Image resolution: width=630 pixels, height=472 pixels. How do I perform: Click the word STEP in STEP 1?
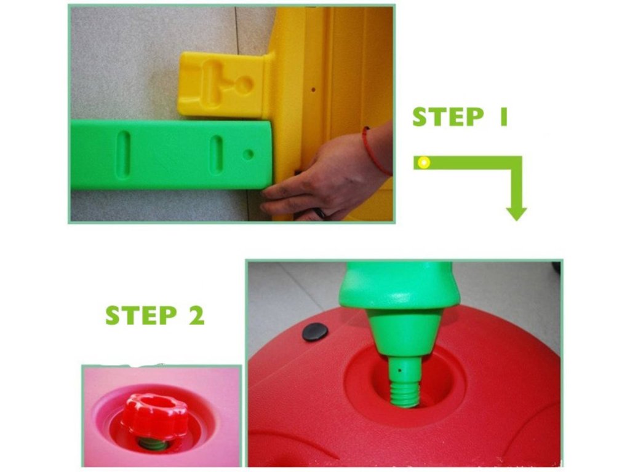448,117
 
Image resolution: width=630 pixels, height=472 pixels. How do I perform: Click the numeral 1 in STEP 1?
503,117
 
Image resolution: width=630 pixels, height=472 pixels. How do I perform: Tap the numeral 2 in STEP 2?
196,315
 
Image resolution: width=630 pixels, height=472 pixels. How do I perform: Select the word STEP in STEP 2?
141,315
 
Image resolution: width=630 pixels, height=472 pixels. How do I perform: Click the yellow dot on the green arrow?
423,162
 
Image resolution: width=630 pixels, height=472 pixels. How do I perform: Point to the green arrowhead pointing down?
516,213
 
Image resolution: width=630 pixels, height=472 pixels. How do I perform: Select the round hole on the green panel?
249,154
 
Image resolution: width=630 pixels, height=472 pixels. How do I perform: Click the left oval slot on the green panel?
123,154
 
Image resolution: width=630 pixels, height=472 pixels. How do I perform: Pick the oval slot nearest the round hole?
216,154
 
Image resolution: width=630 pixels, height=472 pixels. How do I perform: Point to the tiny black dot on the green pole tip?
399,371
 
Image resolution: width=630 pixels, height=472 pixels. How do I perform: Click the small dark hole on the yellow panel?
313,90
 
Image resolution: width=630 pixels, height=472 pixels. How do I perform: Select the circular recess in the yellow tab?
244,84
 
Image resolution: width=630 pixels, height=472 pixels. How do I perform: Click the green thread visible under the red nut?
153,444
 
